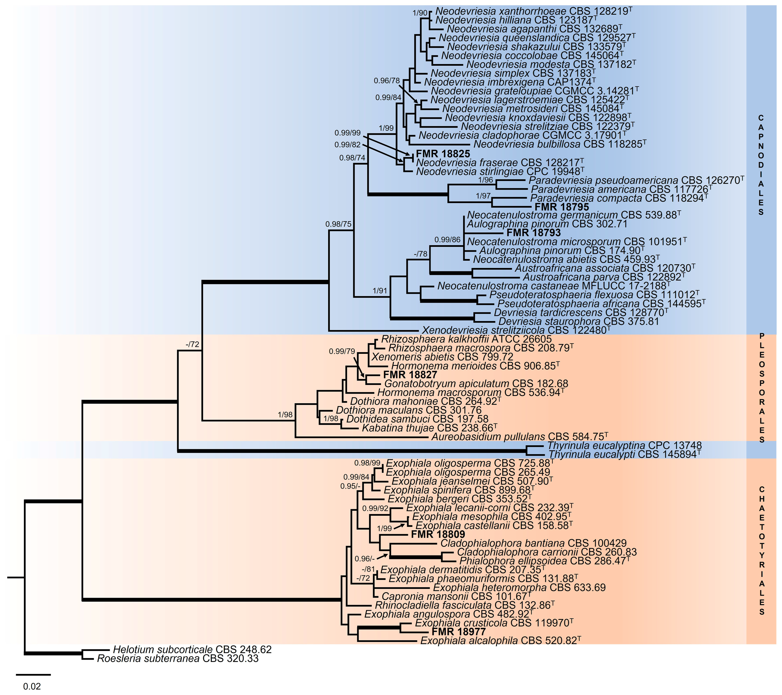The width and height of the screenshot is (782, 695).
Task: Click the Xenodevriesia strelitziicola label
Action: pyautogui.click(x=516, y=330)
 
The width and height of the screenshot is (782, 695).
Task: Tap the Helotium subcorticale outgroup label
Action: pyautogui.click(x=192, y=650)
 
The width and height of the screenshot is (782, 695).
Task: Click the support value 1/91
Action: pyautogui.click(x=380, y=291)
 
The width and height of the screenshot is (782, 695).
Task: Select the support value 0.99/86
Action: pyautogui.click(x=447, y=240)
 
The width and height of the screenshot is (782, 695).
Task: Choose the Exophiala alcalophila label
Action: pyautogui.click(x=500, y=641)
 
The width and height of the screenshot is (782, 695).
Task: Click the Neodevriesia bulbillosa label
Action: pyautogui.click(x=560, y=144)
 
